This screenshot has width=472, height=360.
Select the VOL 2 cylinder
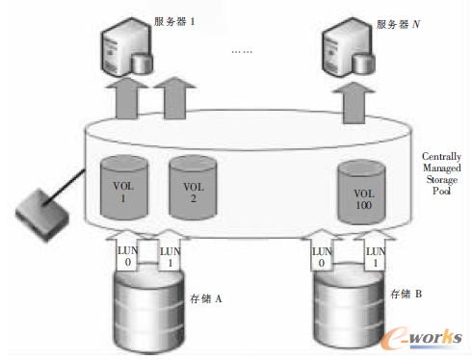tap(194, 185)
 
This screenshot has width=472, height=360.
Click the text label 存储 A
tap(205, 299)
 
